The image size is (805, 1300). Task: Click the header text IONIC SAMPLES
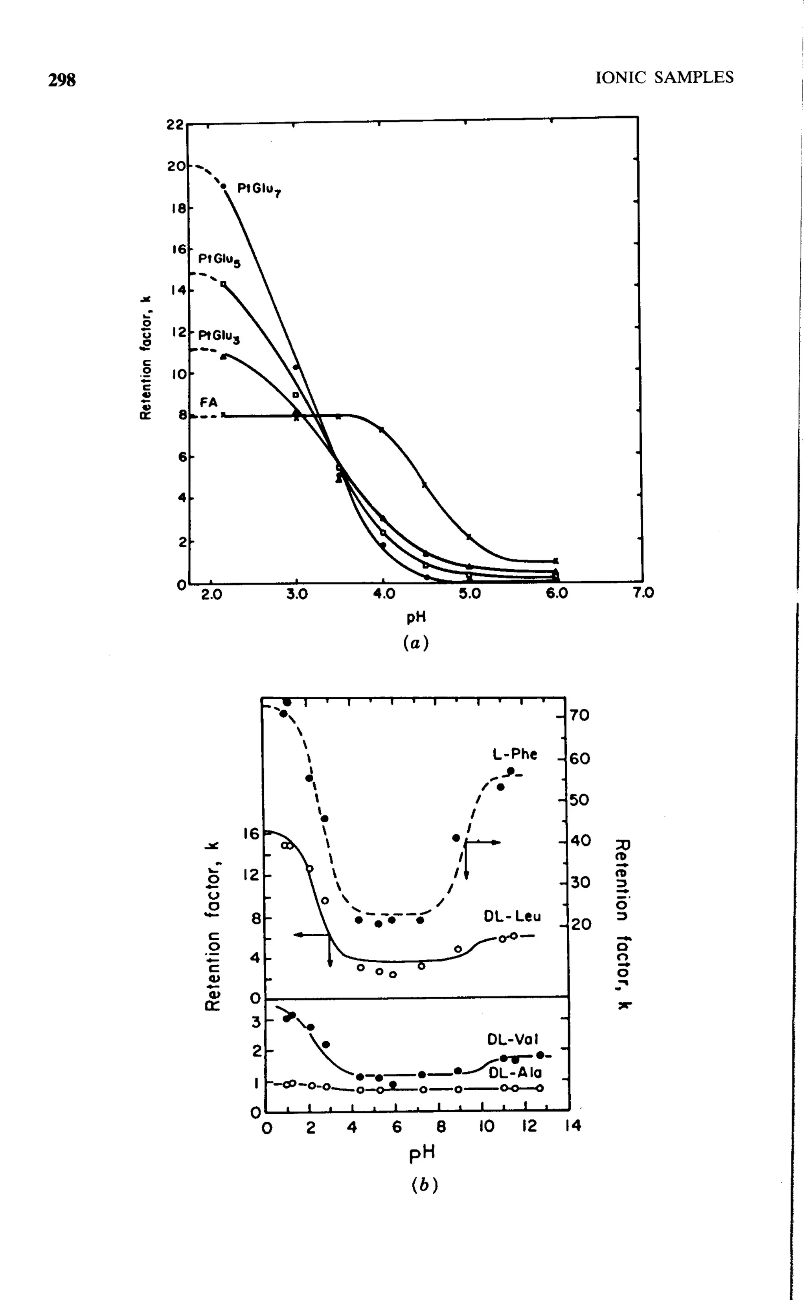click(x=664, y=78)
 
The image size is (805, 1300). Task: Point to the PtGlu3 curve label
click(x=219, y=336)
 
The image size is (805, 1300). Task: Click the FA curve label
click(x=209, y=403)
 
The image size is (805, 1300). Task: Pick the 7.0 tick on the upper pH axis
click(x=643, y=593)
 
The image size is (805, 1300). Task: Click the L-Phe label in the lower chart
click(x=514, y=754)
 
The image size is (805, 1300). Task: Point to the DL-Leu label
click(x=512, y=916)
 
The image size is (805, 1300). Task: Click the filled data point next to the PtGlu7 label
click(x=224, y=186)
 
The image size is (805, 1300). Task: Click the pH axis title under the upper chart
click(x=416, y=617)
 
